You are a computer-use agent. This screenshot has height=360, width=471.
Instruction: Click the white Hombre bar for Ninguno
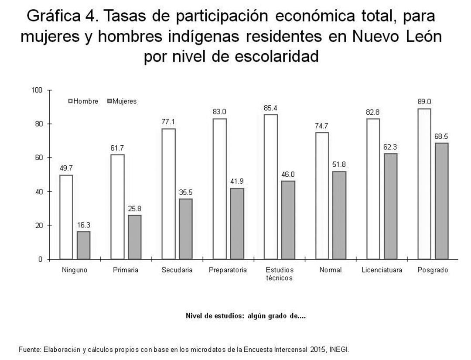pyautogui.click(x=66, y=217)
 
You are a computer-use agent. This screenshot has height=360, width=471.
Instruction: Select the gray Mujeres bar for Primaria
pyautogui.click(x=135, y=237)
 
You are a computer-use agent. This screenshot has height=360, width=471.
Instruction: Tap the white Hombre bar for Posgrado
pyautogui.click(x=424, y=184)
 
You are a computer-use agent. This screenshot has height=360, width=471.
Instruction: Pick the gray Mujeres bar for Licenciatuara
pyautogui.click(x=390, y=206)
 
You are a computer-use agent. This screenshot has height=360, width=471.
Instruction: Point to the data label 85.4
pyautogui.click(x=270, y=107)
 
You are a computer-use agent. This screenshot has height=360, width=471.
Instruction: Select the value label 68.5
pyautogui.click(x=441, y=136)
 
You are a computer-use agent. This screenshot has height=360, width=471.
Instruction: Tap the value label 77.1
pyautogui.click(x=168, y=122)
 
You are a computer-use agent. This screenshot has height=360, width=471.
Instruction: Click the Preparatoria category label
pyautogui.click(x=228, y=270)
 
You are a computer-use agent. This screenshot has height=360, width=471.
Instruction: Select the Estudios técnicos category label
pyautogui.click(x=279, y=274)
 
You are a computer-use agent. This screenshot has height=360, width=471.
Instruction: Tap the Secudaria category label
pyautogui.click(x=177, y=270)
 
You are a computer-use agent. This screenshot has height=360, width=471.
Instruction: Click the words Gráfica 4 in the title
pyautogui.click(x=58, y=17)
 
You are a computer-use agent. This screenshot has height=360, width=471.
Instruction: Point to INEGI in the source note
pyautogui.click(x=340, y=350)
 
